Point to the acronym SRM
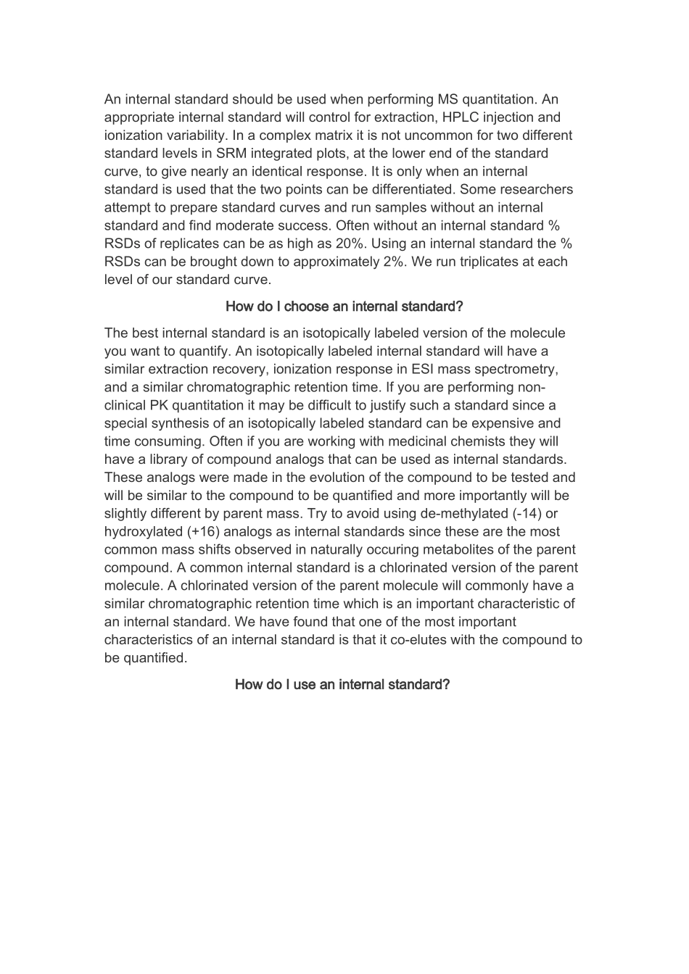pyautogui.click(x=232, y=154)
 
